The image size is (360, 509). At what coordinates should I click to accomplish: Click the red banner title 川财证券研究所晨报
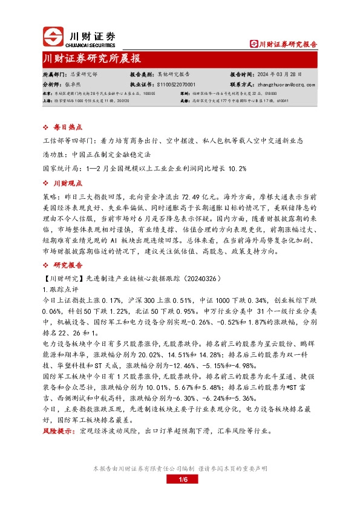[92, 59]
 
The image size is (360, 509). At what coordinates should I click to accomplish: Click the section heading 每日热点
[65, 128]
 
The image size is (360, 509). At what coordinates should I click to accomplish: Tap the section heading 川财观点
[65, 182]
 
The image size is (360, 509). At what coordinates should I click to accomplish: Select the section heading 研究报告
[65, 265]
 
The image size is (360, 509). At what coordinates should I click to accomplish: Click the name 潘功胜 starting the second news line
[56, 154]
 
